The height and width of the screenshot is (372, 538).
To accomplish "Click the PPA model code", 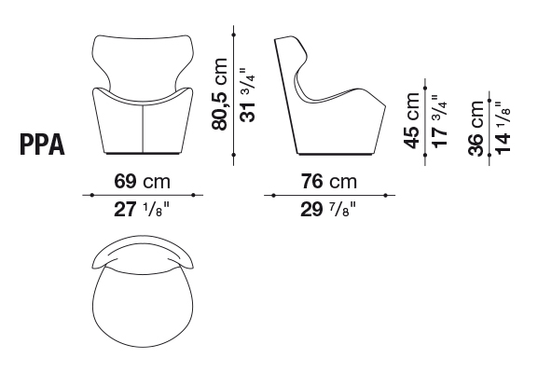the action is click(42, 145).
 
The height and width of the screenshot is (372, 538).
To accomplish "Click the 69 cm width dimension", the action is click(142, 181).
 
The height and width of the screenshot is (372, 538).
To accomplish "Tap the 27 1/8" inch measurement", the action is click(142, 210).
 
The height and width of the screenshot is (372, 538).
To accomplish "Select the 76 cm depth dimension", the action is click(329, 181).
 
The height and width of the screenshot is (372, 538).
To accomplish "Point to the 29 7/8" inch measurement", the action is click(328, 210).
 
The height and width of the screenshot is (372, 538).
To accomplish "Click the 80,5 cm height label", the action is click(220, 94).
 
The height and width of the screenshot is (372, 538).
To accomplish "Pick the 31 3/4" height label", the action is click(248, 95).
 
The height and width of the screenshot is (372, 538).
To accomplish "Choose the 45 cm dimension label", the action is click(412, 120).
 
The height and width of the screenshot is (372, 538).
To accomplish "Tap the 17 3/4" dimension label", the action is click(440, 121).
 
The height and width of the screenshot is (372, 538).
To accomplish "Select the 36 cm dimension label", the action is click(476, 128).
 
